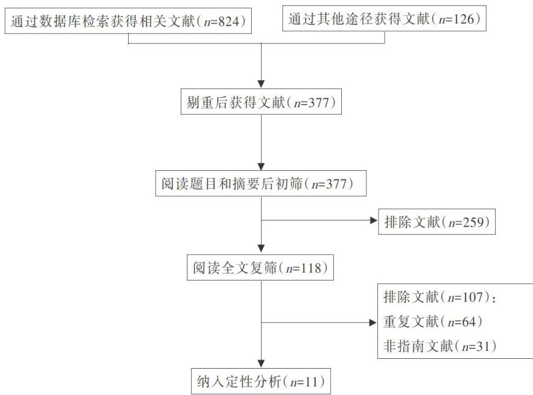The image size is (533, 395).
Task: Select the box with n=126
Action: pyautogui.click(x=385, y=20)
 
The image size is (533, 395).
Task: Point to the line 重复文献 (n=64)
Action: pyautogui.click(x=428, y=322)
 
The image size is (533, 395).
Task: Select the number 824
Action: pyautogui.click(x=227, y=21)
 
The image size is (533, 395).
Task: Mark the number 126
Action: pyautogui.click(x=464, y=20)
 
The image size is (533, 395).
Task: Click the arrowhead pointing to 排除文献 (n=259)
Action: pyautogui.click(x=373, y=222)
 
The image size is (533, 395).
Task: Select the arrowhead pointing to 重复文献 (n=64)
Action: pyautogui.click(x=373, y=323)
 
